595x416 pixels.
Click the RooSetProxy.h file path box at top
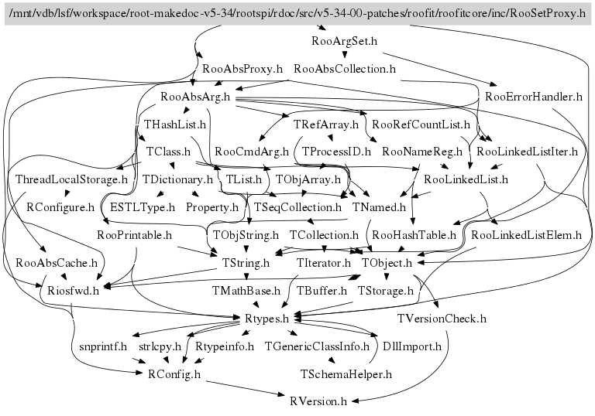coord(297,14)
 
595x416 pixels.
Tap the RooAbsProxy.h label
coord(242,68)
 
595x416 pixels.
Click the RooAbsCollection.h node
coord(346,68)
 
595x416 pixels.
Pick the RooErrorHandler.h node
coord(534,97)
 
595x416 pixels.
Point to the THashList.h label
coord(175,123)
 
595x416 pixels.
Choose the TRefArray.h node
coord(325,123)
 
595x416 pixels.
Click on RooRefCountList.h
coord(421,123)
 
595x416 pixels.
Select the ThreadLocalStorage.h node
coord(71,179)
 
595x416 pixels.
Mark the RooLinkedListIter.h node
coord(528,151)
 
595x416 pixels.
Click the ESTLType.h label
coord(143,207)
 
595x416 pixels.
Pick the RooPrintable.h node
coord(136,234)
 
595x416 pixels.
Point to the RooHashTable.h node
coord(414,234)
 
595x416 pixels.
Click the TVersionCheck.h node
coord(442,318)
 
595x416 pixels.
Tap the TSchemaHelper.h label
coord(346,374)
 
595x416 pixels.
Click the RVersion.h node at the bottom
coord(318,402)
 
